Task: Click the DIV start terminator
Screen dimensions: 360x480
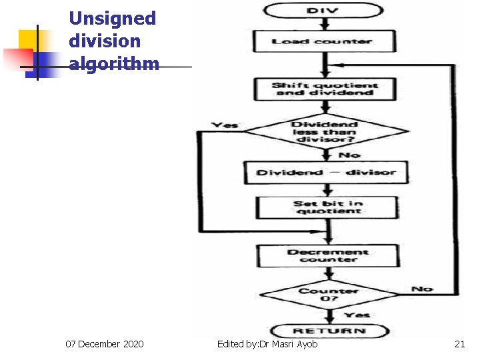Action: (x=323, y=11)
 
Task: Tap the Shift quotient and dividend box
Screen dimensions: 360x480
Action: (x=325, y=89)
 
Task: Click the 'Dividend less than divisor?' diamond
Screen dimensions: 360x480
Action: (x=325, y=132)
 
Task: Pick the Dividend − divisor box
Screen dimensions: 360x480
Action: (x=326, y=173)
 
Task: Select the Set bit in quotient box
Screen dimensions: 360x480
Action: (x=327, y=207)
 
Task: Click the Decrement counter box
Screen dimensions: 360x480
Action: (x=328, y=256)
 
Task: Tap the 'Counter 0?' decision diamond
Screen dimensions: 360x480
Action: (x=329, y=294)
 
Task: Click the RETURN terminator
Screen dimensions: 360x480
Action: (x=329, y=331)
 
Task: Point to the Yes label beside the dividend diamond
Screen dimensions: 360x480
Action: (x=225, y=125)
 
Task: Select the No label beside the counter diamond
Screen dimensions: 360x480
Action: (x=421, y=289)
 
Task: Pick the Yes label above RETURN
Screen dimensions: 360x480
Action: (x=357, y=315)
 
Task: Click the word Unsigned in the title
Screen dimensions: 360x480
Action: (x=112, y=19)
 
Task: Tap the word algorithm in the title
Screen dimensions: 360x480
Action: (x=114, y=64)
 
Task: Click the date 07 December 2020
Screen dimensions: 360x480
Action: (x=104, y=344)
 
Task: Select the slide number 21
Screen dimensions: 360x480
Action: (x=459, y=344)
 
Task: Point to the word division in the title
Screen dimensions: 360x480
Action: (x=105, y=41)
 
